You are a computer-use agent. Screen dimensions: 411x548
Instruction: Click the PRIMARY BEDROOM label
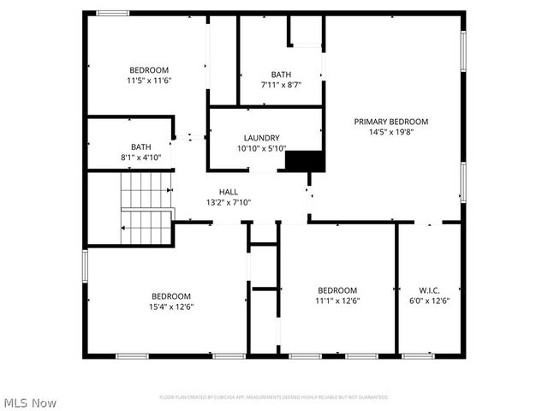pyautogui.click(x=391, y=122)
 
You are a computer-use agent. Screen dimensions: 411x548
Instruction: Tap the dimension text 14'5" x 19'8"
pyautogui.click(x=391, y=133)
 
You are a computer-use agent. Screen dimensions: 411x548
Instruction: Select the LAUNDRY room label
pyautogui.click(x=261, y=138)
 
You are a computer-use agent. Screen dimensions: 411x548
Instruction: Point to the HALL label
pyautogui.click(x=228, y=192)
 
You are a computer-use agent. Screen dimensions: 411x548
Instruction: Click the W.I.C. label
pyautogui.click(x=429, y=290)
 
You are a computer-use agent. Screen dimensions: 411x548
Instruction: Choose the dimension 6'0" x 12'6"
pyautogui.click(x=429, y=301)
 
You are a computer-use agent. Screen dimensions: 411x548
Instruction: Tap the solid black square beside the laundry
pyautogui.click(x=304, y=161)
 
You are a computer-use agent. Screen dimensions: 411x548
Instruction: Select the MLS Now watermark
pyautogui.click(x=30, y=402)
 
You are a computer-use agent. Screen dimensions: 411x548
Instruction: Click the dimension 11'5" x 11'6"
pyautogui.click(x=149, y=80)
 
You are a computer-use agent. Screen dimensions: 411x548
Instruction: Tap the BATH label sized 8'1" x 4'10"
pyautogui.click(x=141, y=146)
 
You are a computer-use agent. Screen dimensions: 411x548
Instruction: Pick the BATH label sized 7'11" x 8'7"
pyautogui.click(x=281, y=74)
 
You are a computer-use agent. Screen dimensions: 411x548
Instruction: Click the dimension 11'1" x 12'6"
pyautogui.click(x=337, y=301)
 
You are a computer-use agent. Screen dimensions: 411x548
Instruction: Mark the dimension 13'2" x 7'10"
pyautogui.click(x=228, y=203)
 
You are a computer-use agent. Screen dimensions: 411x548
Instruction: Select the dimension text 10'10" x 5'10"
pyautogui.click(x=261, y=149)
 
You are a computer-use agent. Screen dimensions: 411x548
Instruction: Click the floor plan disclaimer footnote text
pyautogui.click(x=274, y=397)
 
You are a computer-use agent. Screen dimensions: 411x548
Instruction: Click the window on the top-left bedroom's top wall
pyautogui.click(x=112, y=13)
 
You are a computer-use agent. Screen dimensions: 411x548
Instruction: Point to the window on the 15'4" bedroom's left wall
pyautogui.click(x=85, y=265)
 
